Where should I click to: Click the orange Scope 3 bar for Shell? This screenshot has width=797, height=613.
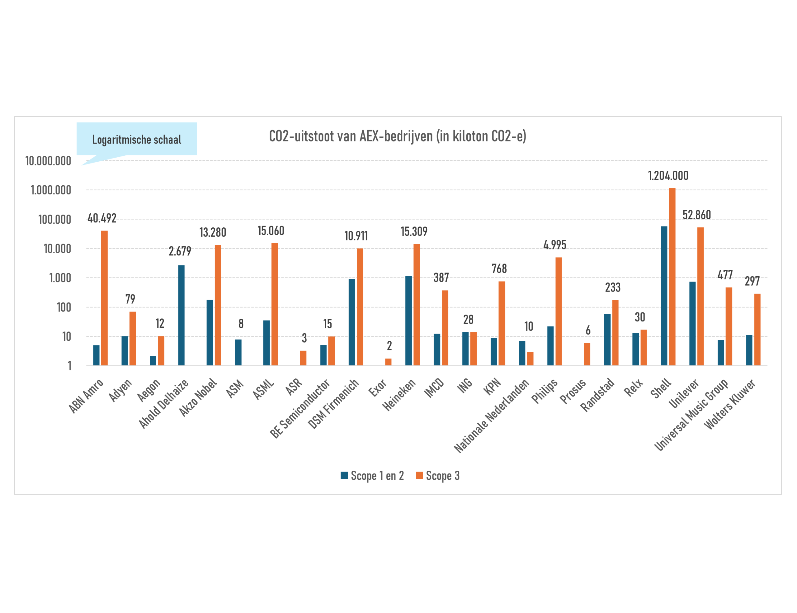(x=672, y=277)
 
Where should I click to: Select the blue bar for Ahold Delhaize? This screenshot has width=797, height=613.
(x=181, y=315)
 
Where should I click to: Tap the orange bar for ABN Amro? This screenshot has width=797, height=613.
(x=104, y=298)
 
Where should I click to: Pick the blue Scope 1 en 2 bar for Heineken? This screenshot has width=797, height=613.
(x=409, y=321)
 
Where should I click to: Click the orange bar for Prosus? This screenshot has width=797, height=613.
(x=587, y=354)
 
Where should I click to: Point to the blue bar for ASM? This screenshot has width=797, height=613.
(x=238, y=353)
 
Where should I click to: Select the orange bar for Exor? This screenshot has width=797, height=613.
(x=388, y=362)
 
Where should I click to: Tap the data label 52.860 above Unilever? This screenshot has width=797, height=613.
(x=697, y=215)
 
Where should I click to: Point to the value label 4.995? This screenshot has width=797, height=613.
(x=555, y=245)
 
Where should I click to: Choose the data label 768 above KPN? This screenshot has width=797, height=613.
(x=499, y=268)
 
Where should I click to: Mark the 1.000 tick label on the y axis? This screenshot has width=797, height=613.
(x=60, y=278)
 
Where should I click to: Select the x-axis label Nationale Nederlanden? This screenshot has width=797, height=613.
(x=491, y=416)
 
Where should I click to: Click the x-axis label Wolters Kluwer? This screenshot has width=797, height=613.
(x=729, y=404)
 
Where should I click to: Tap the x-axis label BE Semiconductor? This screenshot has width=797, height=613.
(x=300, y=408)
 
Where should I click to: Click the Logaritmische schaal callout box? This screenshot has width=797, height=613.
(x=137, y=139)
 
